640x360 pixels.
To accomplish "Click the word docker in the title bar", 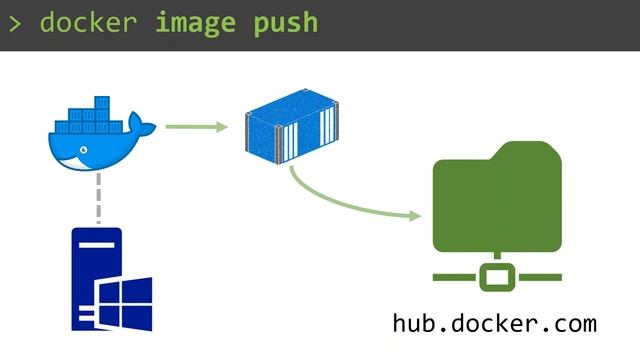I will tap(87, 22).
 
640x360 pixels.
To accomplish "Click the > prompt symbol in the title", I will tap(15, 22).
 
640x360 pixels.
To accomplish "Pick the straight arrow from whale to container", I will tap(196, 126).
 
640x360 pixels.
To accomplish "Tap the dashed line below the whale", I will tap(98, 199).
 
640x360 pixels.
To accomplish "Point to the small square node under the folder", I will tap(496, 275).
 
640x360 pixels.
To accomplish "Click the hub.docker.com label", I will tap(495, 324).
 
